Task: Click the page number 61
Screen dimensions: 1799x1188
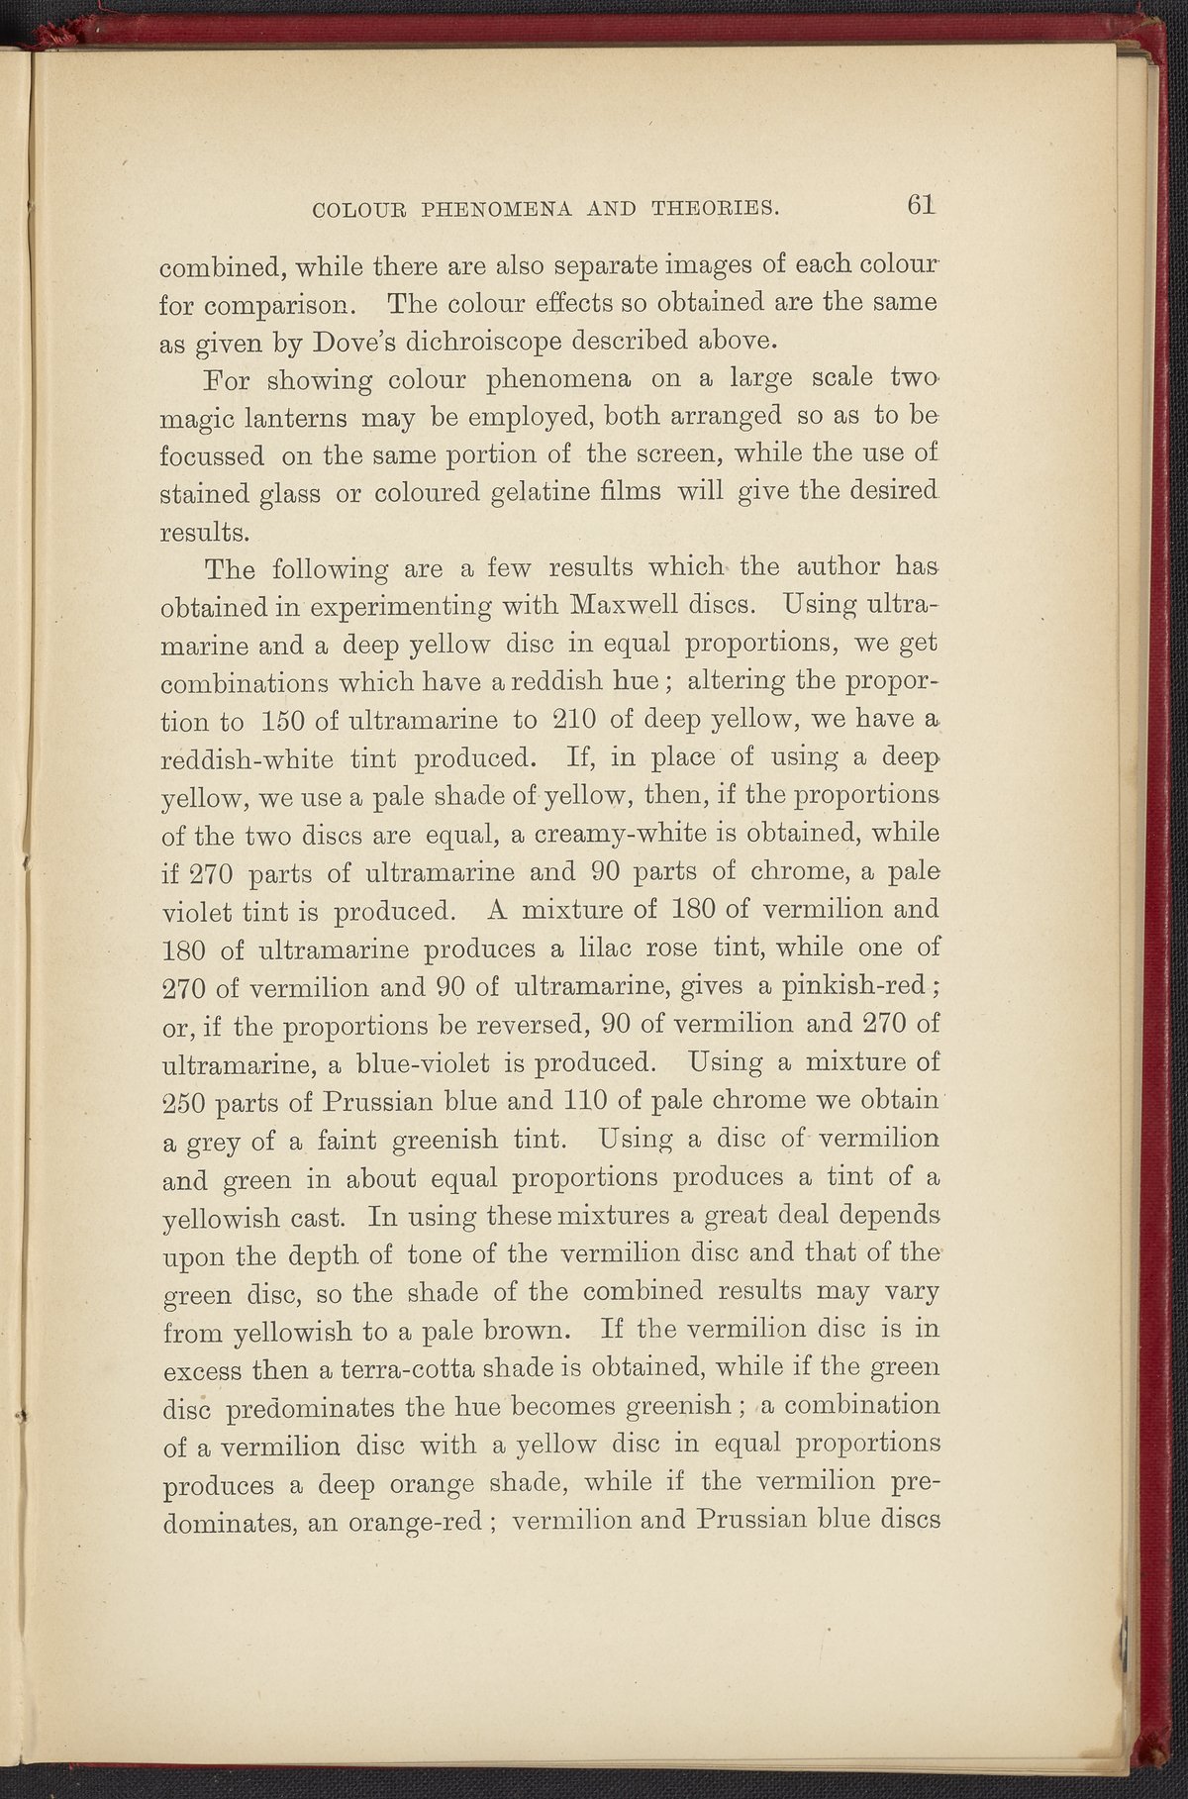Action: coord(920,205)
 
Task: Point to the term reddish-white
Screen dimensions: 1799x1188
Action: coord(262,757)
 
